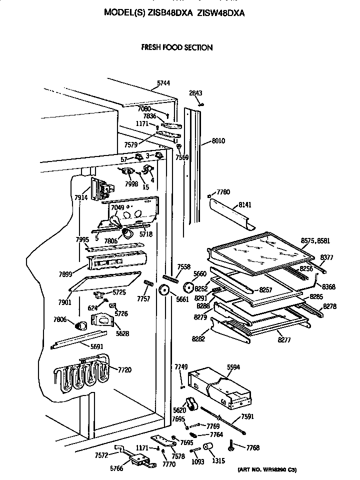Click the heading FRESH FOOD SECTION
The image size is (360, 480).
[x=177, y=47]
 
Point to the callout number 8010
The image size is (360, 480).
[x=218, y=141]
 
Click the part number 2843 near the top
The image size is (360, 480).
[x=195, y=93]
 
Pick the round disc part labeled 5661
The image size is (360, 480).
[x=163, y=291]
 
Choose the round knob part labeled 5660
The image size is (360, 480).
[x=189, y=287]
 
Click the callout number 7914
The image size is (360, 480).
[x=80, y=198]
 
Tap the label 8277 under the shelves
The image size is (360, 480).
[x=283, y=339]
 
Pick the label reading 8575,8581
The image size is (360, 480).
[x=315, y=240]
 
